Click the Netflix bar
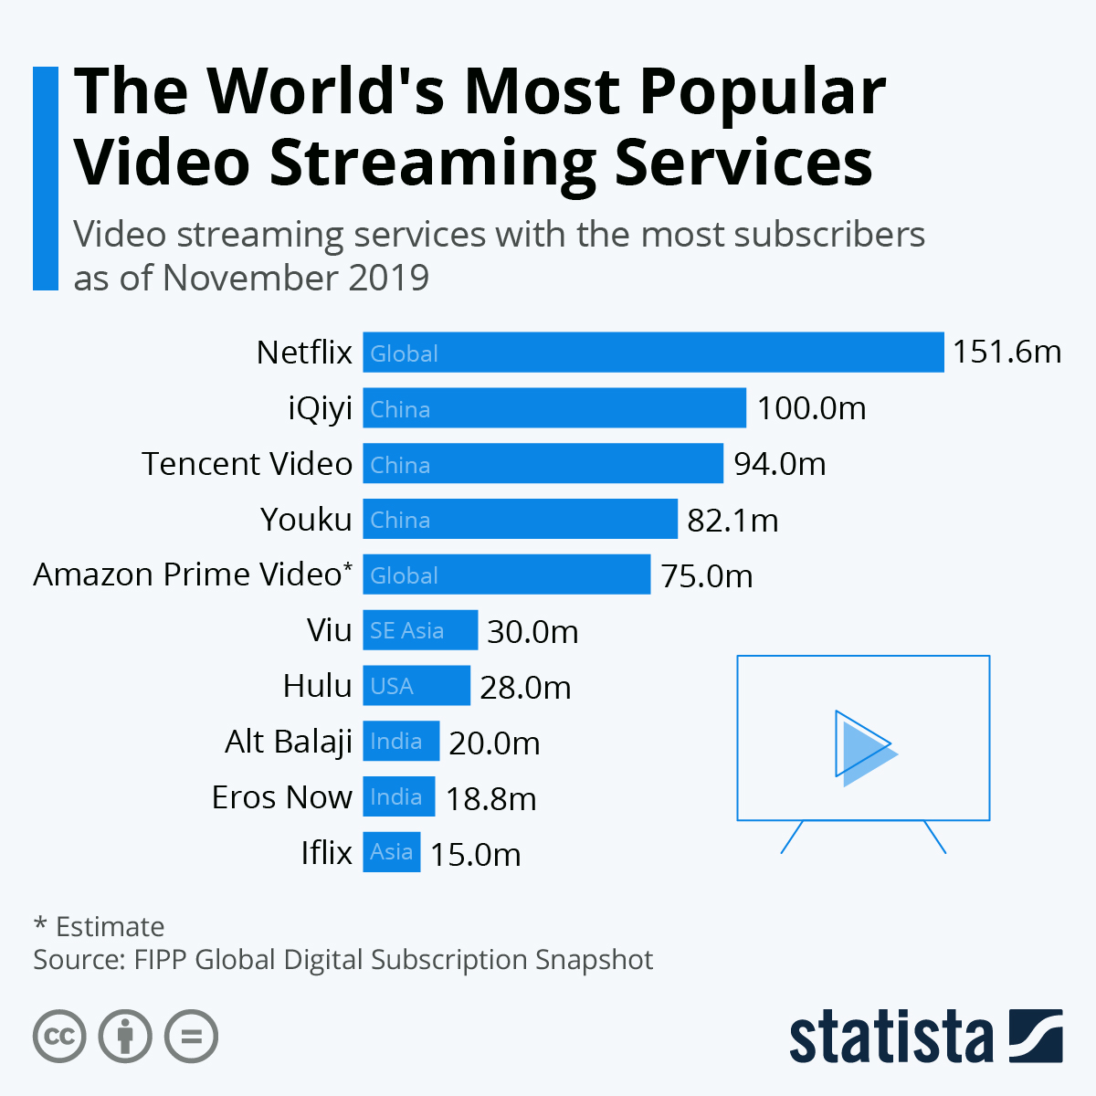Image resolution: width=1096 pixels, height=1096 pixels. point(653,353)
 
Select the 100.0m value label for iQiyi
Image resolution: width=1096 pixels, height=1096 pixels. point(811,408)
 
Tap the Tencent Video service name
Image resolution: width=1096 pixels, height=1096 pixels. point(247,464)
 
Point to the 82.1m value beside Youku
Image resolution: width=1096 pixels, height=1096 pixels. point(732,521)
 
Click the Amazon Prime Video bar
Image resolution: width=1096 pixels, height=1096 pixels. point(507,575)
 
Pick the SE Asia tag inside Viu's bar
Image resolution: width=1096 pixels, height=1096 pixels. point(406,631)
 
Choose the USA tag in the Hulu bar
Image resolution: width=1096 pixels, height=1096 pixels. point(392,687)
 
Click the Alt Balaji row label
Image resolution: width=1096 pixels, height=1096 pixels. point(289,742)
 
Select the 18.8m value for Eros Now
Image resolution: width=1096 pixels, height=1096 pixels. point(490,799)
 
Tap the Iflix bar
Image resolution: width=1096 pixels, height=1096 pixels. point(392,852)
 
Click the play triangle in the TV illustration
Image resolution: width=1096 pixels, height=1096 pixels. point(863,747)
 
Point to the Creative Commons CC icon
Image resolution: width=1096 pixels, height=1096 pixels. point(59,1037)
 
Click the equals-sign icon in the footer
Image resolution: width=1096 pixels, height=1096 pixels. point(191,1037)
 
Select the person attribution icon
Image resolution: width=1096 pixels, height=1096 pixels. point(125,1037)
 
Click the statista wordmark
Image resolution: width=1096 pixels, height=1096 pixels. point(890,1037)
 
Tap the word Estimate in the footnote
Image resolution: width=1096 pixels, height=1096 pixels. point(110,927)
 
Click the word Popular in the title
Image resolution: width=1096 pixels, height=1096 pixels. point(762,91)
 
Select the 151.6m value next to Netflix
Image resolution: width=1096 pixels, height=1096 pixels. point(1006,353)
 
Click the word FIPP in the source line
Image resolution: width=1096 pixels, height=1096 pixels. point(161,960)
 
